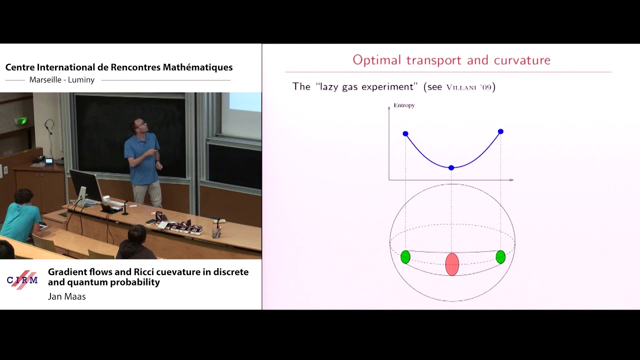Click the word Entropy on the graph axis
(x=404, y=105)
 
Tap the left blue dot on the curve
(x=405, y=133)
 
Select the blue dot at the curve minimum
(x=451, y=167)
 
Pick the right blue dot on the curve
(x=500, y=131)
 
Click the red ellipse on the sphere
(x=452, y=264)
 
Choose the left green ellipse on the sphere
(x=405, y=257)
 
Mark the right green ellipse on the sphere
(x=500, y=257)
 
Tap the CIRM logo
(x=22, y=280)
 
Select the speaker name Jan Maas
(x=67, y=297)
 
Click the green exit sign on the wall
(x=21, y=121)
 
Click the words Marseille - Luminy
(x=62, y=80)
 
